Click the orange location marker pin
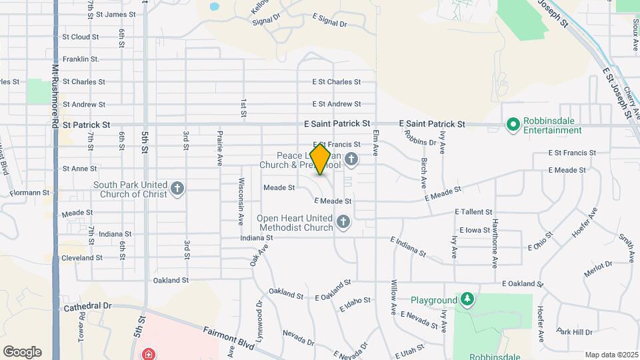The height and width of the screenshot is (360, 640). (321, 159)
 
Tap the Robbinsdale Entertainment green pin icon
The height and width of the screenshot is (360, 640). (513, 125)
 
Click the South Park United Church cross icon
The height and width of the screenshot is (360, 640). (177, 189)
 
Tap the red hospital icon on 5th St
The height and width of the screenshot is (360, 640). (149, 354)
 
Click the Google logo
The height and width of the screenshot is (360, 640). (22, 352)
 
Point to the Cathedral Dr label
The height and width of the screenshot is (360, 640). (88, 307)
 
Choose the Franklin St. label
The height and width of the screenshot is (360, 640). (81, 59)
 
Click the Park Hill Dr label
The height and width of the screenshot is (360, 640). (574, 332)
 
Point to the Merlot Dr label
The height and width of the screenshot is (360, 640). (597, 268)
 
